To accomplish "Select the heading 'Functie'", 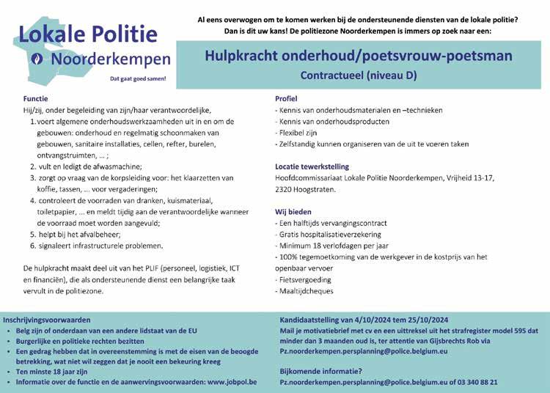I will point(35,98).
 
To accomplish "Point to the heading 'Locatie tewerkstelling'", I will point(312,166).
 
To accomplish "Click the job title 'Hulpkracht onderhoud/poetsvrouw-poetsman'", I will point(368,55).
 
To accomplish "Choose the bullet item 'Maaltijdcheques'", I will point(306,291).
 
